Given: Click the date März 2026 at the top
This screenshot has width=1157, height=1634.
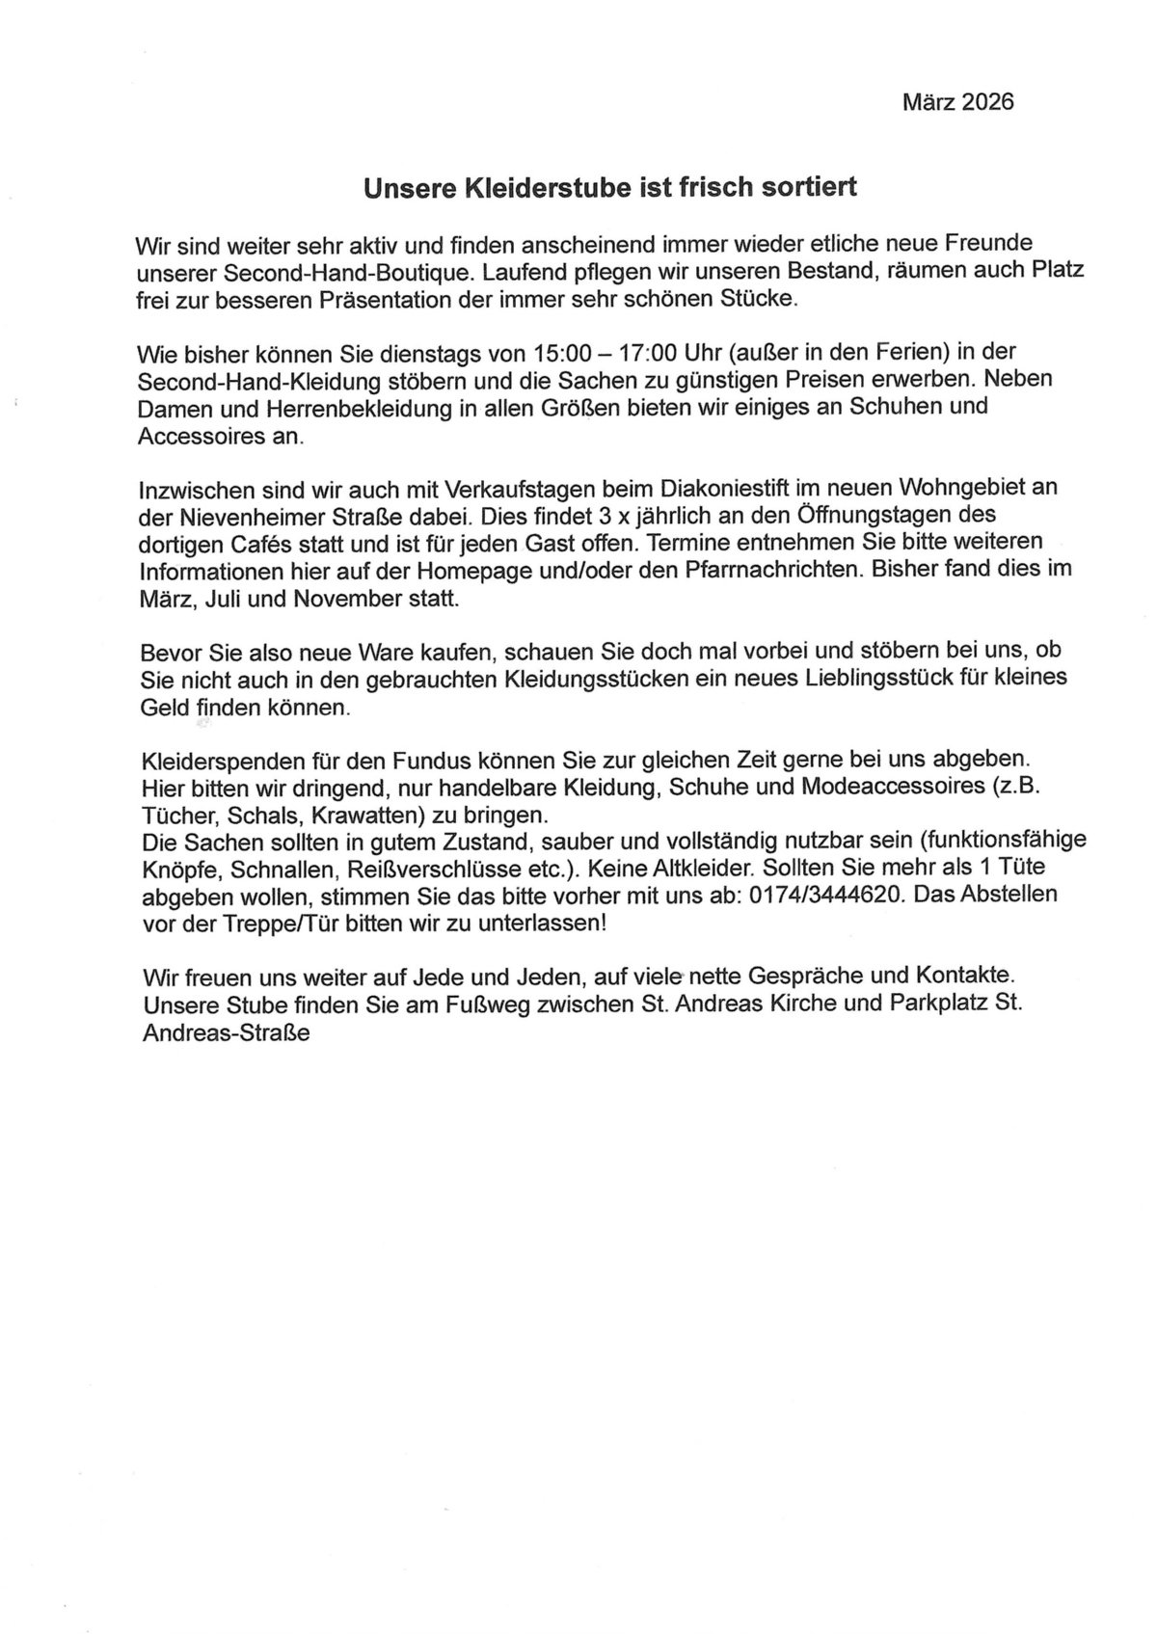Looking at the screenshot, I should click(x=957, y=102).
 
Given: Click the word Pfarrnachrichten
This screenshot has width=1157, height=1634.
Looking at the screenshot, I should click(x=770, y=570).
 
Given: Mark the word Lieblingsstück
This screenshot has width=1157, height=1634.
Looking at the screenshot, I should click(x=857, y=678).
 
